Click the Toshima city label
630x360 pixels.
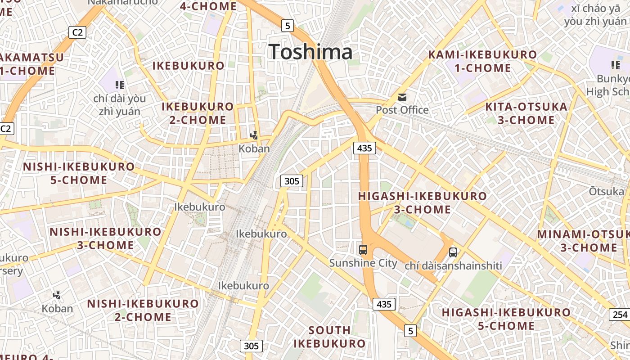310,52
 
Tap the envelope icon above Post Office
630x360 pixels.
402,97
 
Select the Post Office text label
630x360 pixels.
402,110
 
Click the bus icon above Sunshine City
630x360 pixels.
363,249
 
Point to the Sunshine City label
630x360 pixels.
363,263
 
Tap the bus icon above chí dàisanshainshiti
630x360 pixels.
453,252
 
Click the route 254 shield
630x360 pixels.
620,314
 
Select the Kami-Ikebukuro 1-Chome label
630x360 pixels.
482,61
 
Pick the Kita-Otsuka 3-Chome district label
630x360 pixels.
526,113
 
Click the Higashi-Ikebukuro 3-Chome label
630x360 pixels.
422,202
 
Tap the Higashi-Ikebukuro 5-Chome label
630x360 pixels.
506,319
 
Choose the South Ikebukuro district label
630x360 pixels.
329,337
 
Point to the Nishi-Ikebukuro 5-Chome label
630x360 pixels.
79,173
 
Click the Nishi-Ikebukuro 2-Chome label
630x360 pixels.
143,310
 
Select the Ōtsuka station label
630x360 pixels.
606,191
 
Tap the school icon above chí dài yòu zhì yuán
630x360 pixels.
119,85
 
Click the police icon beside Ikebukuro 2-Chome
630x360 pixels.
254,135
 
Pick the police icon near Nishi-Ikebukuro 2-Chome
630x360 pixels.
57,295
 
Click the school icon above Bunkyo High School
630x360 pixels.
616,65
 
